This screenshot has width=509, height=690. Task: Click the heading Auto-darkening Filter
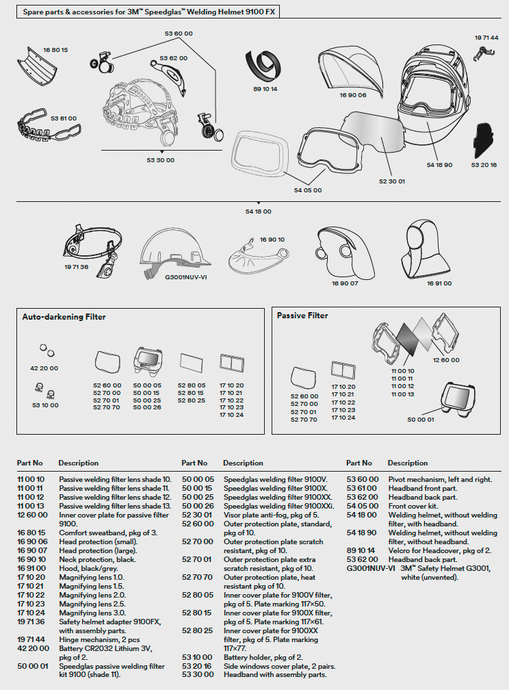(64, 317)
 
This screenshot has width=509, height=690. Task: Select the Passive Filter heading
(302, 316)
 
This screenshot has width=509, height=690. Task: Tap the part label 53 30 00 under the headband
(160, 160)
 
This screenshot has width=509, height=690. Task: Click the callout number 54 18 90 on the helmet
(439, 165)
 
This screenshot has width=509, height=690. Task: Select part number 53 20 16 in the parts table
(194, 666)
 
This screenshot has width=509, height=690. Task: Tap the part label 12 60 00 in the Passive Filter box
(445, 360)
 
